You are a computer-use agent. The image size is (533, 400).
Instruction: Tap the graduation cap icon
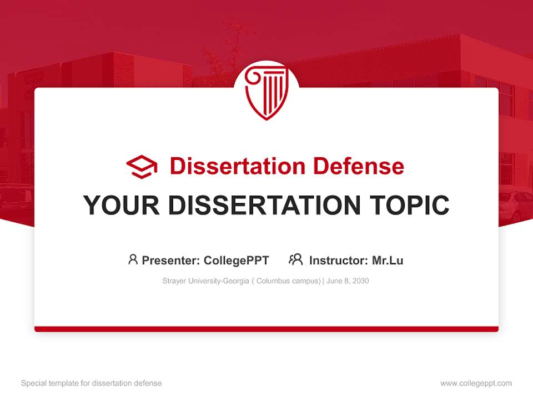(142, 167)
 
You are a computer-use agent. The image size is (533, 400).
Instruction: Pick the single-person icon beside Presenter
(133, 259)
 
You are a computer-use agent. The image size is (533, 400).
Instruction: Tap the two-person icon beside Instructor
(295, 259)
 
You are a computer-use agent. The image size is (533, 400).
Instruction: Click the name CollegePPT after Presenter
(237, 261)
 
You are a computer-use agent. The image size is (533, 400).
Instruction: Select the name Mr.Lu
(388, 261)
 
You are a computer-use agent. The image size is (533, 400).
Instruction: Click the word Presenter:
(171, 261)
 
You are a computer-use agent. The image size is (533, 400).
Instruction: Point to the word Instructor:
(338, 261)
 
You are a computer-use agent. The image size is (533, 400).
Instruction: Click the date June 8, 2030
(348, 281)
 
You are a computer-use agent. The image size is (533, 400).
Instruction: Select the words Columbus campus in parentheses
(288, 281)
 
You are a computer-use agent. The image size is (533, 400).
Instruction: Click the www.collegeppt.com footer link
(476, 383)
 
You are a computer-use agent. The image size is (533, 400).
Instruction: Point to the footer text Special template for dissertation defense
(92, 383)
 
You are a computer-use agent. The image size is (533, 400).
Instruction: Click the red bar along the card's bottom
(266, 329)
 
